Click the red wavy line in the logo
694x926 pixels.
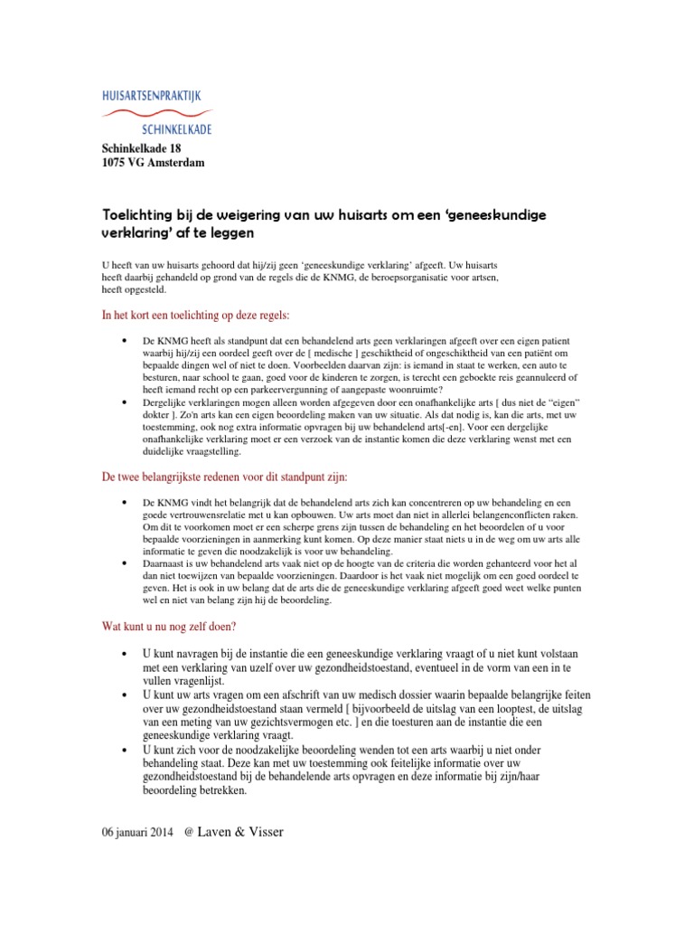(157, 113)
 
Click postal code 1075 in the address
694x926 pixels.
(113, 163)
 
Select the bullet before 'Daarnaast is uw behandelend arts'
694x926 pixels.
(123, 562)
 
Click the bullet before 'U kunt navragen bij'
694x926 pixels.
(123, 653)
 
